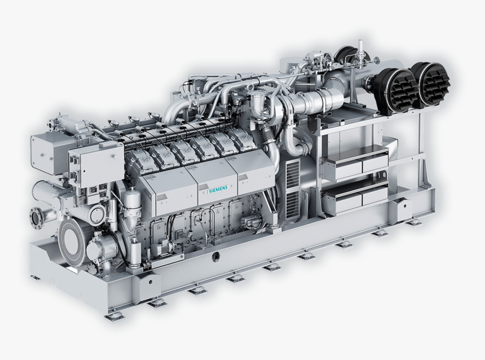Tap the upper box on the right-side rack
pos(355,164)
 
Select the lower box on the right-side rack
pos(355,197)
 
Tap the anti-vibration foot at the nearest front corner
pos(114,316)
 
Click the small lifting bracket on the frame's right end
pos(403,209)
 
